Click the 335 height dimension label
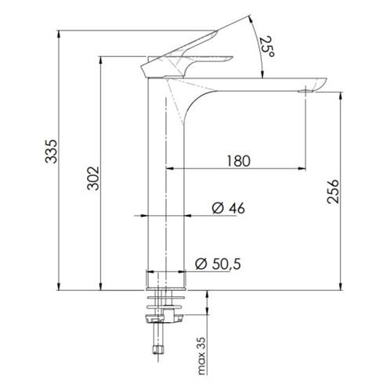point(51,152)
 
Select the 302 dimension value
point(93,178)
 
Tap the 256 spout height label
point(333,192)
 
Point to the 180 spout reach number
point(239,161)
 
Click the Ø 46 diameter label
point(229,208)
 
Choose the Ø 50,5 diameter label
point(218,263)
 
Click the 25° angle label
point(267,47)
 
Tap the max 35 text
point(201,356)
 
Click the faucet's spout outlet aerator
point(305,91)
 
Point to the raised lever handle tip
point(216,32)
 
